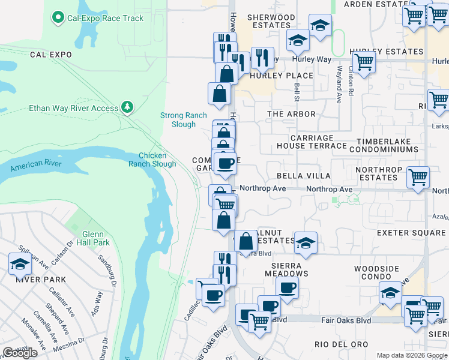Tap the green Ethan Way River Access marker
pyautogui.click(x=127, y=107)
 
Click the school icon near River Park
pyautogui.click(x=20, y=263)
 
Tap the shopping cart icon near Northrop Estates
pyautogui.click(x=418, y=177)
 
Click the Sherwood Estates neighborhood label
pyautogui.click(x=271, y=22)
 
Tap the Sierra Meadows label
pyautogui.click(x=281, y=269)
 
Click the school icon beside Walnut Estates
pyautogui.click(x=306, y=243)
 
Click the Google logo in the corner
pyautogui.click(x=20, y=353)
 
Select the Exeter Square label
pyautogui.click(x=411, y=233)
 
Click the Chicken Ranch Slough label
pyautogui.click(x=153, y=160)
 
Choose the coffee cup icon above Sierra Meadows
pyautogui.click(x=288, y=287)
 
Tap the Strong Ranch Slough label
pyautogui.click(x=184, y=120)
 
